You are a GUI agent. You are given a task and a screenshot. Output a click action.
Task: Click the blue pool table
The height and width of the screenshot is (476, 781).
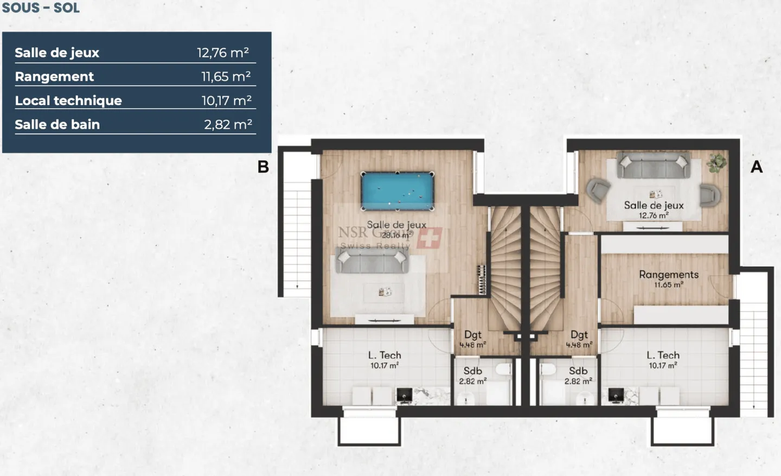tap(398, 191)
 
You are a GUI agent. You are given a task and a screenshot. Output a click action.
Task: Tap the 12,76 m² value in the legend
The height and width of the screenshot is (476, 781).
tap(223, 53)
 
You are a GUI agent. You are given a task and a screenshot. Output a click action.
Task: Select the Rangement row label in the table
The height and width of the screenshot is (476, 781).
tap(54, 77)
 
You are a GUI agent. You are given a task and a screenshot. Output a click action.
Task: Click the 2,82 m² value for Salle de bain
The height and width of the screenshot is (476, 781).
tap(228, 124)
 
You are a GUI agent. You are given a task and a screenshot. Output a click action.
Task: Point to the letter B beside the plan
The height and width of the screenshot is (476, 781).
tap(263, 167)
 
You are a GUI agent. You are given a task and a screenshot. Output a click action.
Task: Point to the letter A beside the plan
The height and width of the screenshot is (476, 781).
tap(756, 167)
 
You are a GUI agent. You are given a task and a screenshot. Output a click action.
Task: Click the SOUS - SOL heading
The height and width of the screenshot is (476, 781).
tap(41, 8)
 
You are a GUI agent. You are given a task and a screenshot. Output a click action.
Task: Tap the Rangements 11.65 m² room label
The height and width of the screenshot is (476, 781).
tap(668, 278)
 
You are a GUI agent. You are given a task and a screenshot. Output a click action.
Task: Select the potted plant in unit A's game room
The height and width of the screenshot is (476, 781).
tap(716, 162)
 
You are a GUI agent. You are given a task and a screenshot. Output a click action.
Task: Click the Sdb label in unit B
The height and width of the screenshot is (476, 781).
tap(472, 371)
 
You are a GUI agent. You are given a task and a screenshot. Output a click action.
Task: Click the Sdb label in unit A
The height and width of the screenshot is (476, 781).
tap(578, 371)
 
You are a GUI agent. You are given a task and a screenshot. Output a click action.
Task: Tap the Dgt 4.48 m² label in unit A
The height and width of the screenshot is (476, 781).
tap(579, 339)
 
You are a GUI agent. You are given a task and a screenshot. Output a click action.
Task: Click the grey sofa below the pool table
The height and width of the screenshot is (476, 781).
tap(372, 263)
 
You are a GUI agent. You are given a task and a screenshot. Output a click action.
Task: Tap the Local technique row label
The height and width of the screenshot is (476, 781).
tap(68, 100)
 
